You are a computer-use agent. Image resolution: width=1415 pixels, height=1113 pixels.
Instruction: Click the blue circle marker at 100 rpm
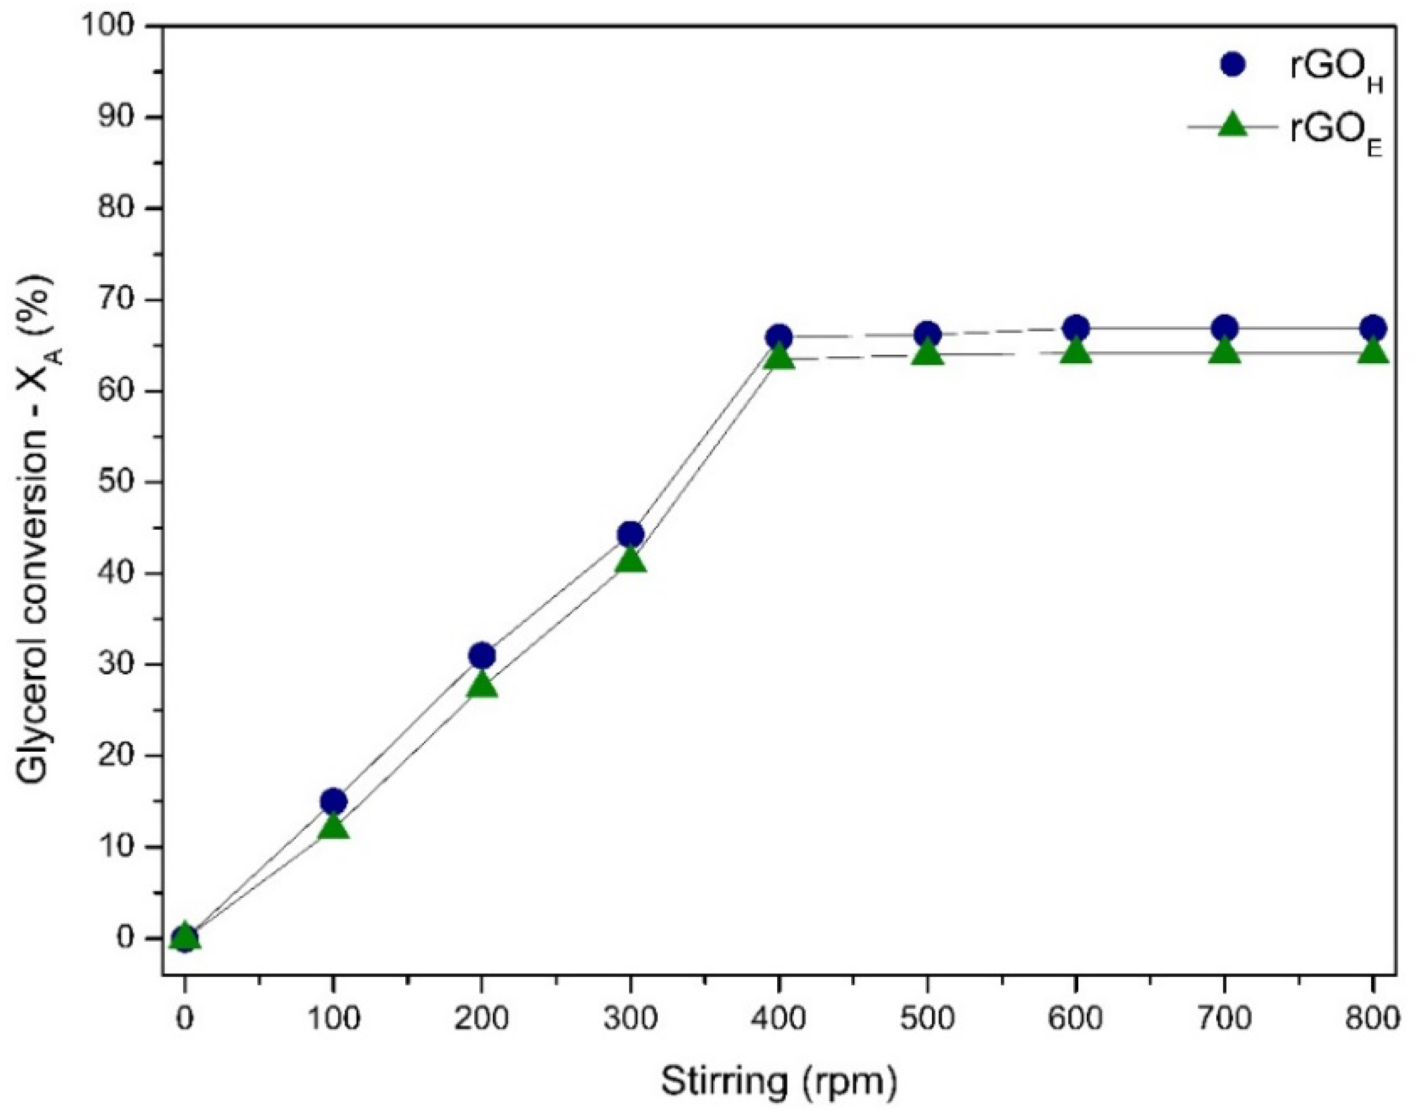point(333,801)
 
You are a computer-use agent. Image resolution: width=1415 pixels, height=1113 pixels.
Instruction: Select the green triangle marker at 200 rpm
point(482,685)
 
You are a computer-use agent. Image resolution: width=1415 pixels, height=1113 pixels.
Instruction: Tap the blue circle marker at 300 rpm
point(630,535)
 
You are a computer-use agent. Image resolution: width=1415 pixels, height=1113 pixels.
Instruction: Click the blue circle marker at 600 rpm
point(1076,327)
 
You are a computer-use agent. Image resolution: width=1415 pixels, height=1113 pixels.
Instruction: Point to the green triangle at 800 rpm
point(1373,353)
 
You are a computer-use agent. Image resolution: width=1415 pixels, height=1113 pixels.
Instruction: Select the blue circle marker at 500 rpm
point(928,334)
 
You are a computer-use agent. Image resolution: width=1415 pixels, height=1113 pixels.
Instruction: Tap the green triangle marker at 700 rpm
point(1224,353)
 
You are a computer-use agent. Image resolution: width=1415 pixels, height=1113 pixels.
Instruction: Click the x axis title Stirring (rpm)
point(779,1082)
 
